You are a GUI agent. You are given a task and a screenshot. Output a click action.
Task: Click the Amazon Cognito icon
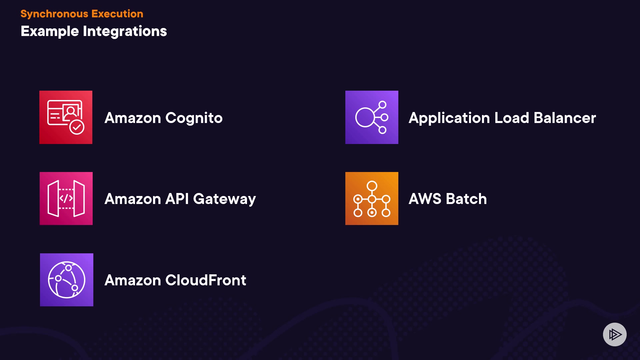point(66,117)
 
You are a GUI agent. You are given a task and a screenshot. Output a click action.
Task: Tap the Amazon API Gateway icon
point(66,199)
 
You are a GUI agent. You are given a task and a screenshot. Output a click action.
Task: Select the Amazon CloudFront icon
point(67,280)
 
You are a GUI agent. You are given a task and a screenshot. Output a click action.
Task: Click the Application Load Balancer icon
point(372,117)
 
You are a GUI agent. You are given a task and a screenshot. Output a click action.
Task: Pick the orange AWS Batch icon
point(372,199)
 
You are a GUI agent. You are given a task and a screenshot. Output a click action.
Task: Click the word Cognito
point(194,118)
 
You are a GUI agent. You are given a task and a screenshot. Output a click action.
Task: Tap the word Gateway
point(224,199)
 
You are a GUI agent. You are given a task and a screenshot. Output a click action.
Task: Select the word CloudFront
point(206,280)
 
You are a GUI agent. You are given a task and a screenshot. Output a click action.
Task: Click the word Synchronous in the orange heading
point(54,14)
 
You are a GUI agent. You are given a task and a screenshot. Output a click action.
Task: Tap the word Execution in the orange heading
point(117,14)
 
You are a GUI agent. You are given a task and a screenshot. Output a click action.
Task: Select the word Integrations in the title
point(125,31)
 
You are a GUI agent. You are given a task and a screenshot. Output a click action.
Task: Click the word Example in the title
point(50,31)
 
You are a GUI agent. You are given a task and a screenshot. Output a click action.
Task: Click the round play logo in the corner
point(615,334)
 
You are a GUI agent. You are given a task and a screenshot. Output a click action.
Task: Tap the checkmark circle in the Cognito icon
point(77,127)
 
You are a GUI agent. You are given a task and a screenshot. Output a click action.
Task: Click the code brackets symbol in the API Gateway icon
point(66,198)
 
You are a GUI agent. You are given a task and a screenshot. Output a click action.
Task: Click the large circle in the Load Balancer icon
point(365,117)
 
